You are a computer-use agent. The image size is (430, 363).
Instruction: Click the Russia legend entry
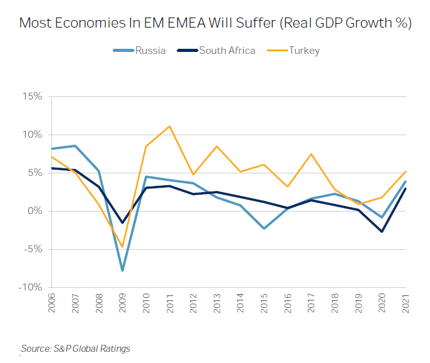(150, 50)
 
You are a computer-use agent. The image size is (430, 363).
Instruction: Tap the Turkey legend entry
(304, 50)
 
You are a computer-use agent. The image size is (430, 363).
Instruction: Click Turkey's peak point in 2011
(169, 126)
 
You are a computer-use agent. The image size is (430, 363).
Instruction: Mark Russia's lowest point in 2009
(122, 270)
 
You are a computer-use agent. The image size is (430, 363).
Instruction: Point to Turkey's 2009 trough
(122, 247)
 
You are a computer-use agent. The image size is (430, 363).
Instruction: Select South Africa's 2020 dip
(382, 232)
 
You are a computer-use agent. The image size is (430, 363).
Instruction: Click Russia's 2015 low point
(265, 228)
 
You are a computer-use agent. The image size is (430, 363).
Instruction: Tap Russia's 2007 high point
(75, 146)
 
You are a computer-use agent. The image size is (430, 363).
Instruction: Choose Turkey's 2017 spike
(312, 154)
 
